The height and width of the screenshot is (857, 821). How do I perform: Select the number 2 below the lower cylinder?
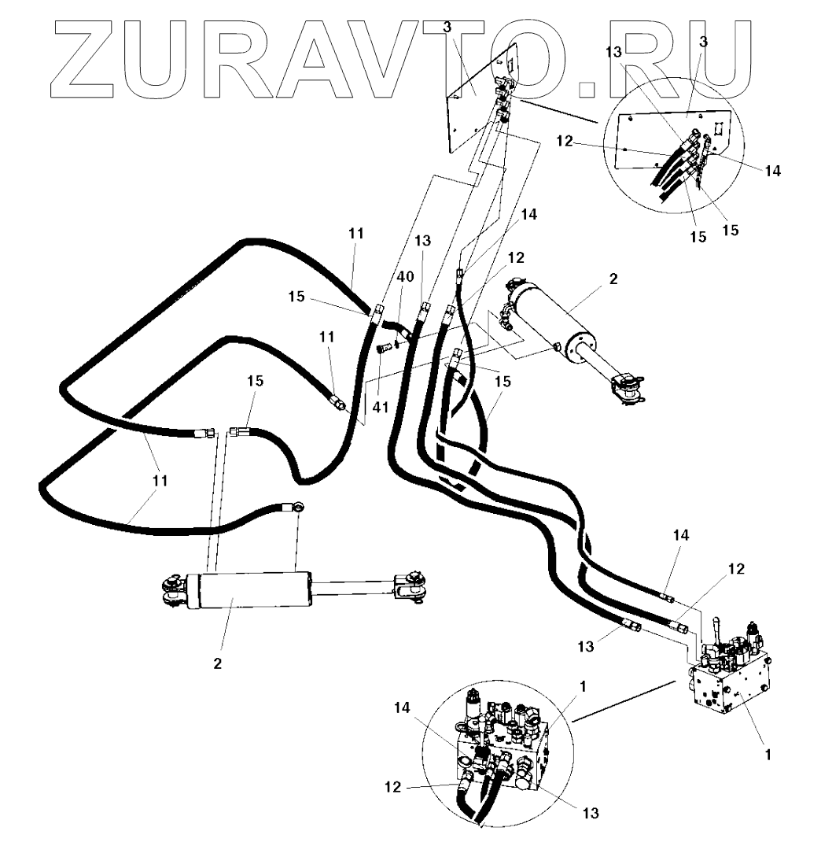point(217,663)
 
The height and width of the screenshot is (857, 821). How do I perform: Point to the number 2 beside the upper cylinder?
point(614,279)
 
